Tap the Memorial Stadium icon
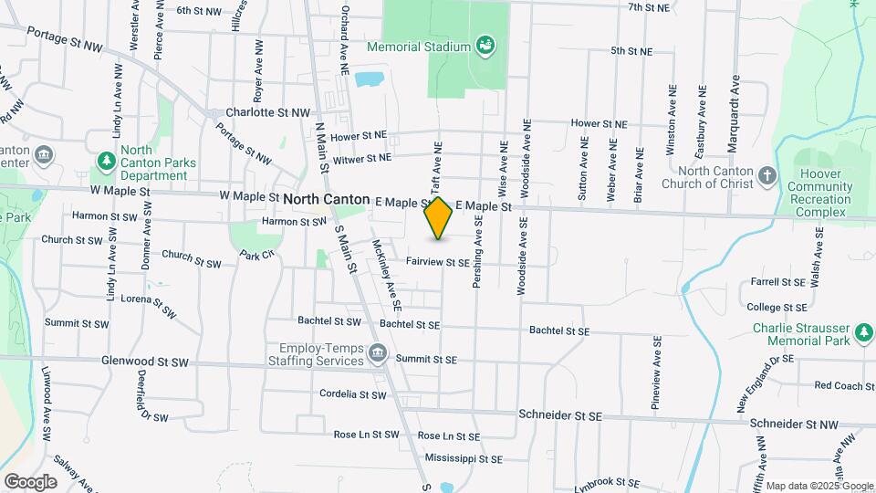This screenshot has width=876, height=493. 485,46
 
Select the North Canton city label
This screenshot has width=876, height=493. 326,199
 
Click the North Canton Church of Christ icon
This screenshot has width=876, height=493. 768,176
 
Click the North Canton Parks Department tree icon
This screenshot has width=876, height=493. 107,163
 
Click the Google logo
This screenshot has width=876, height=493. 30,481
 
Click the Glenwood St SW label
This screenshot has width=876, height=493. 145,362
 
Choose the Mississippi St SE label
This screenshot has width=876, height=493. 464,459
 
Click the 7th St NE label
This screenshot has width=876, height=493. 649,7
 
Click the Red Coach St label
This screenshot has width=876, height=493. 844,386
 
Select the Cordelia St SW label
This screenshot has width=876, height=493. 353,395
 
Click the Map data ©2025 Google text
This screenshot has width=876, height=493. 819,486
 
